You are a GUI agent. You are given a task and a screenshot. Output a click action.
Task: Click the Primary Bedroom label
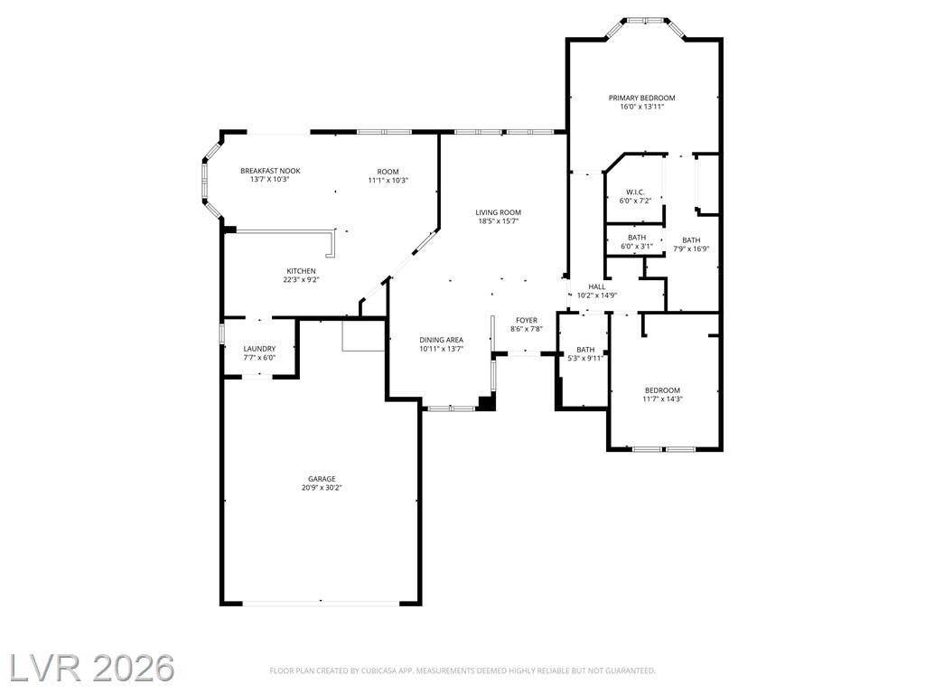(x=642, y=98)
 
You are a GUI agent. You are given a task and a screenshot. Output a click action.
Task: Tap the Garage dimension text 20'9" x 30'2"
(x=322, y=488)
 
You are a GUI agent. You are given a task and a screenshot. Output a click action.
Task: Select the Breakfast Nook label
(x=270, y=171)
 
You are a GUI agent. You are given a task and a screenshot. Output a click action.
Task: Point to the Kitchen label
(x=301, y=271)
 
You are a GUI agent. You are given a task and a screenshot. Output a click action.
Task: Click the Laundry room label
(x=259, y=349)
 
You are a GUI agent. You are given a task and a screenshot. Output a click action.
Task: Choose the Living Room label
(x=499, y=212)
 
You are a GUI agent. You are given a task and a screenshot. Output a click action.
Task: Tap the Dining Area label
(x=441, y=340)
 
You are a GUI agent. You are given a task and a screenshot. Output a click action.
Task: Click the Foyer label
(x=527, y=321)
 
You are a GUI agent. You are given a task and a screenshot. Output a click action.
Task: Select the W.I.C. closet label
(x=635, y=192)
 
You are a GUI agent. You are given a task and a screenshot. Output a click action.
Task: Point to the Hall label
(x=597, y=286)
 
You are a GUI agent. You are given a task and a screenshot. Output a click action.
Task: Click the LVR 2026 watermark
(x=91, y=668)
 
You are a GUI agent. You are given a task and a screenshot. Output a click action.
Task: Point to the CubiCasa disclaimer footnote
(x=462, y=671)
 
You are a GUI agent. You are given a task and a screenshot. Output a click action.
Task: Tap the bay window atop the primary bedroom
(x=645, y=22)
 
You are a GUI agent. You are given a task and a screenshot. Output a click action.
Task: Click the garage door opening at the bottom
(x=321, y=603)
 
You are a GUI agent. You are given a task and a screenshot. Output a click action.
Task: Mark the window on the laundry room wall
(x=222, y=333)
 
